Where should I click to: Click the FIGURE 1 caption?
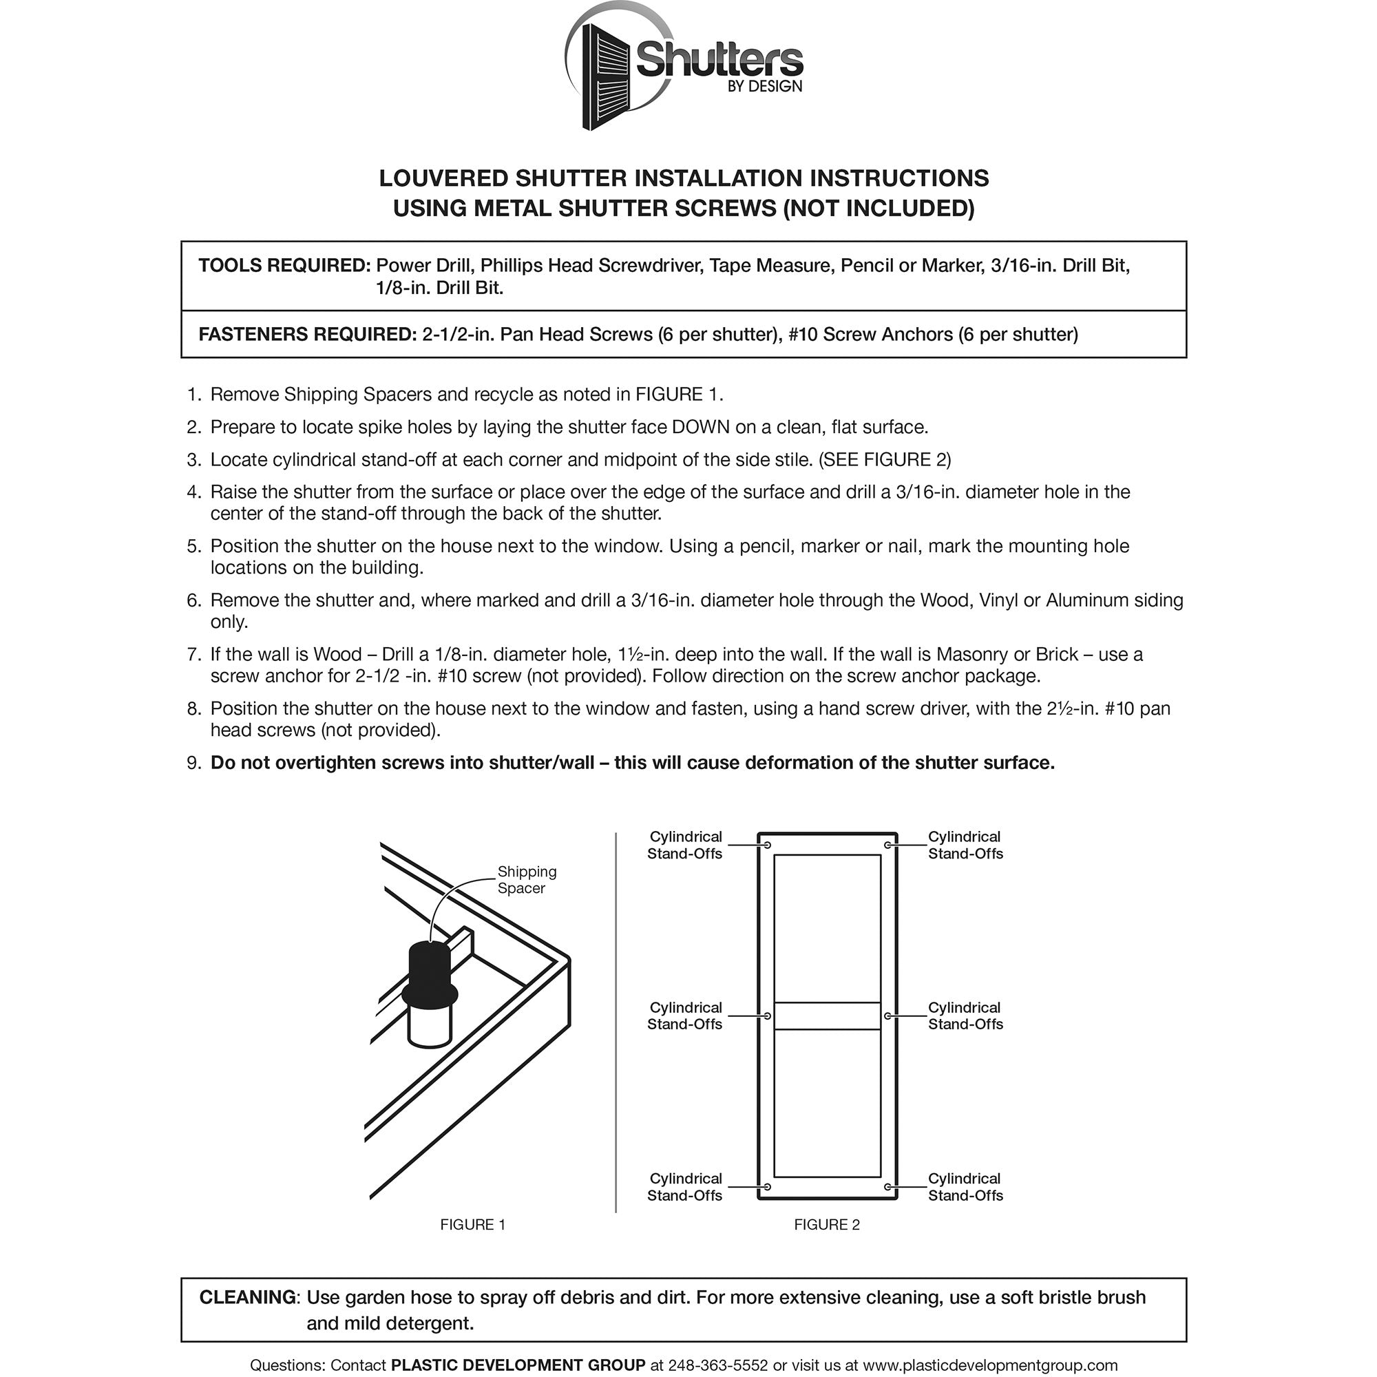click(x=472, y=1224)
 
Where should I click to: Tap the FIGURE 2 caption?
click(x=827, y=1224)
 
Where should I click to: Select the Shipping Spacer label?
click(x=526, y=879)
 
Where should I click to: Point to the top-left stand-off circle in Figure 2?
click(x=767, y=845)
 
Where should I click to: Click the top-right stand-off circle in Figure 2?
click(x=887, y=845)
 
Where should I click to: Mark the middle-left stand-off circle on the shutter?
click(x=767, y=1016)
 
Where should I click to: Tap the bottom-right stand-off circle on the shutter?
click(x=887, y=1187)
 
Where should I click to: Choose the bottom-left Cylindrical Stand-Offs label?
click(x=684, y=1187)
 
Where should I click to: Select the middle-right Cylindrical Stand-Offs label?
click(x=965, y=1016)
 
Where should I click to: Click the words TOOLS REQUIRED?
click(x=284, y=266)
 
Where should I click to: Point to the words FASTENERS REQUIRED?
click(x=307, y=335)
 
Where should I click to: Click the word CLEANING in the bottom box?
click(x=247, y=1297)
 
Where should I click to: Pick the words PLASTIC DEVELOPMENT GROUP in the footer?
click(x=518, y=1365)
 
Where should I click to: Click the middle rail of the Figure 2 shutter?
click(x=827, y=1016)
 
